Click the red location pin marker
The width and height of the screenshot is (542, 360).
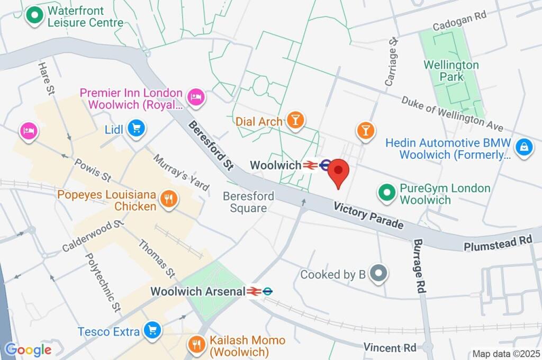(x=339, y=173)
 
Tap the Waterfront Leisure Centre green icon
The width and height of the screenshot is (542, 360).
(x=35, y=17)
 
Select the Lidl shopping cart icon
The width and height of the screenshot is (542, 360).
(x=137, y=128)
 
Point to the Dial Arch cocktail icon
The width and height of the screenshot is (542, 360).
(x=295, y=121)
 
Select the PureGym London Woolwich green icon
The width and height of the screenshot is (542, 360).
(x=387, y=194)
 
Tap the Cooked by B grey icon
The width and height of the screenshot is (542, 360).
(x=378, y=274)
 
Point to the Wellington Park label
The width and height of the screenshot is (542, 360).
(x=451, y=71)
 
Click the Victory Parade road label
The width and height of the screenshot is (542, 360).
(x=368, y=215)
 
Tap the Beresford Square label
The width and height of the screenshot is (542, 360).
(x=248, y=202)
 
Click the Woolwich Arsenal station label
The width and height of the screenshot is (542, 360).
(x=198, y=291)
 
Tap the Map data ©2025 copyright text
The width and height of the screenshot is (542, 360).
(x=505, y=353)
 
